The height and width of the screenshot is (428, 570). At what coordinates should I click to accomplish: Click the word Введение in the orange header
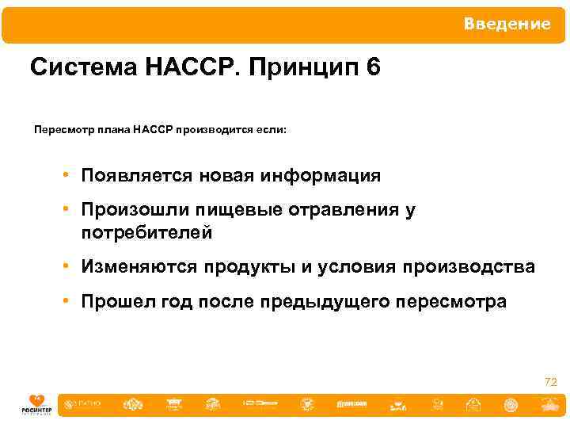(507, 25)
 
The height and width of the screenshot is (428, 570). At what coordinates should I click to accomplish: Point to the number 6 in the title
(373, 68)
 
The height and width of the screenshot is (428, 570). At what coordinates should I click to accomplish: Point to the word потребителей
(146, 232)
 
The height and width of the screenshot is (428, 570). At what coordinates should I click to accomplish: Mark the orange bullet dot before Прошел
(70, 302)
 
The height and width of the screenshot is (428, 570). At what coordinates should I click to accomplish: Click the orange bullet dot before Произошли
(70, 210)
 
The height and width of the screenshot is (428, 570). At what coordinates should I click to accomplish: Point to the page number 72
(551, 383)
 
